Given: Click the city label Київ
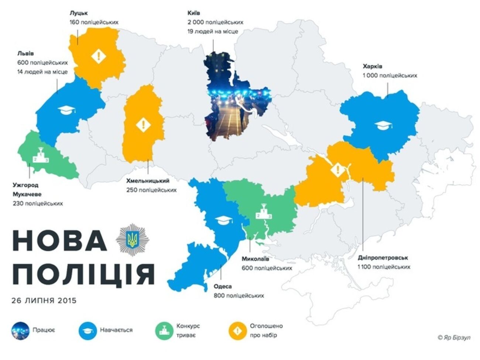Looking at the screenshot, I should point(194,13).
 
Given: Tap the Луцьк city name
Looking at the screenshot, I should point(78,13).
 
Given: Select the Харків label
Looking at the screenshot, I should point(372,66).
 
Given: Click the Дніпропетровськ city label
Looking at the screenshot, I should point(383,258).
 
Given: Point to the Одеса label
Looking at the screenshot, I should point(223,287).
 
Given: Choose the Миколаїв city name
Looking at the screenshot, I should point(255,259).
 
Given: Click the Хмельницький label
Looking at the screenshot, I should point(148,181).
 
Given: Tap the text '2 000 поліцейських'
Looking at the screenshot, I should point(215,23).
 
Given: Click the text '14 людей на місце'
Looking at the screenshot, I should point(42,72).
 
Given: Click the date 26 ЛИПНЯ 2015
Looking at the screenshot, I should point(44,301).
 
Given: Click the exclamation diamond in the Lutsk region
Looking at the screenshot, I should point(99,56).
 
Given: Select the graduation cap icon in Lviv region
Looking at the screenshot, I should point(66,110).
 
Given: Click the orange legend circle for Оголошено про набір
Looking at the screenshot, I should point(238,330).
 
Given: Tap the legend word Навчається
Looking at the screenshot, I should point(116,330).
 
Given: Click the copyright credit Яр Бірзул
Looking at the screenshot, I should point(454,337).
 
